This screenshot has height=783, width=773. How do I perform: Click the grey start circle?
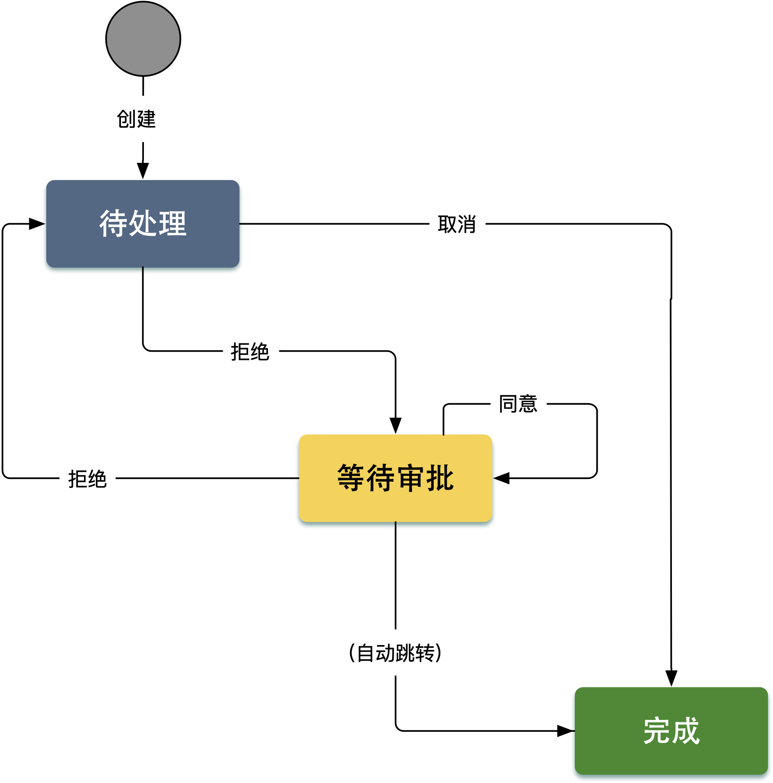143,38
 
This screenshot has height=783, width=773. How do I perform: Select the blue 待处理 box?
143,223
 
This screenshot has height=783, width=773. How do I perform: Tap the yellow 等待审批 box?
395,478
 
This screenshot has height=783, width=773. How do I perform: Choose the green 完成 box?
671,731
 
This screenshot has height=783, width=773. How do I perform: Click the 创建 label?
136,119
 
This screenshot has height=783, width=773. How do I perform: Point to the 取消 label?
457,224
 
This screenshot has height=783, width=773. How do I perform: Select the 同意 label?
518,404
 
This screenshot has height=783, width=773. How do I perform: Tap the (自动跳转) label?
395,653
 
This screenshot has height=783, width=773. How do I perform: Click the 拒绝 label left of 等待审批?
87,479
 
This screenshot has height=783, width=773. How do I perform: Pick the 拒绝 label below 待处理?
250,351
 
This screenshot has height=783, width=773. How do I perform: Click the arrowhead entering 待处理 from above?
143,170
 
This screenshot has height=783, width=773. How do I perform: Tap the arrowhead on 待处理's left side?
37,224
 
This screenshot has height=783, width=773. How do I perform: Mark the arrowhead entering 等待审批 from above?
395,425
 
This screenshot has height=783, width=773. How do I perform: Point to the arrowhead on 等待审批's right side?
501,478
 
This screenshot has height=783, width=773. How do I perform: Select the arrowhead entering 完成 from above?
671,678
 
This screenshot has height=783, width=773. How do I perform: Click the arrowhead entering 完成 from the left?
566,731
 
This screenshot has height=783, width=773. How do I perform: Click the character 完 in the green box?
656,731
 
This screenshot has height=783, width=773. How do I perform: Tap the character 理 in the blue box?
172,223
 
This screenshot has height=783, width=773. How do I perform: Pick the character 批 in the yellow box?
440,478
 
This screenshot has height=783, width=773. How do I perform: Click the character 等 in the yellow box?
351,478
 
